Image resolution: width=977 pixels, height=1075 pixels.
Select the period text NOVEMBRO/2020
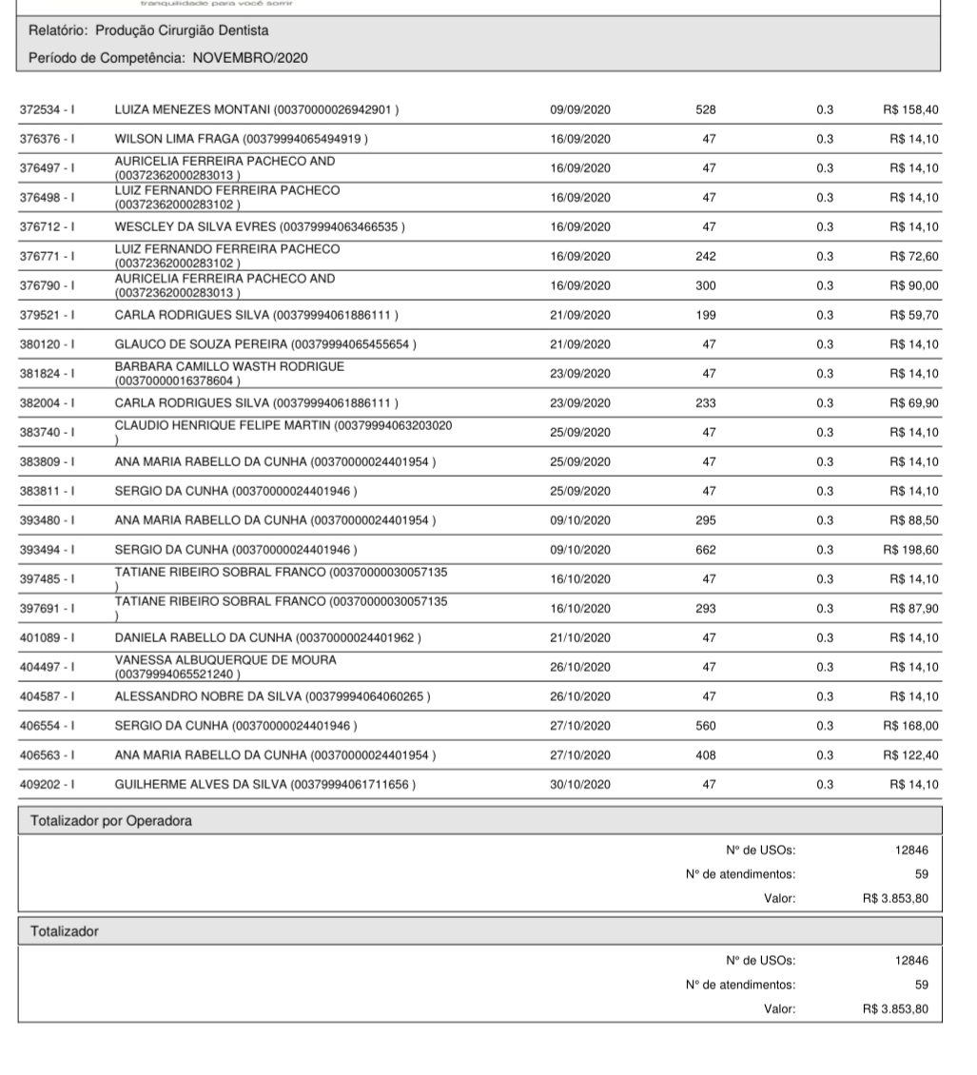click(250, 57)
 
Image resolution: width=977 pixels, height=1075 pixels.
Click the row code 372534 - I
click(49, 109)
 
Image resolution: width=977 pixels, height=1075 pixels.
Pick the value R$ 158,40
click(910, 109)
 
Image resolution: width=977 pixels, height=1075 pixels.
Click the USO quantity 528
click(706, 109)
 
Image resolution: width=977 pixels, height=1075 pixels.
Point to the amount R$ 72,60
click(914, 256)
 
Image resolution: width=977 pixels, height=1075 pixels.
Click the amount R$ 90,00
click(914, 285)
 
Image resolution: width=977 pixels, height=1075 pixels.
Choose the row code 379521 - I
click(49, 315)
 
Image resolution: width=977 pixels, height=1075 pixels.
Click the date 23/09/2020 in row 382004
click(580, 402)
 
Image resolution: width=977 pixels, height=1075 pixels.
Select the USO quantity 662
click(706, 549)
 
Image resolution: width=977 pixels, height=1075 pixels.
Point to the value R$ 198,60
click(910, 549)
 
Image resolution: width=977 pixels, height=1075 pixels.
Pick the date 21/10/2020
click(580, 637)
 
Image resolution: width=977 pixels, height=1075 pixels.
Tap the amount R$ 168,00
click(910, 725)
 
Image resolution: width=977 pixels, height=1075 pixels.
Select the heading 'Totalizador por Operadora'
click(104, 822)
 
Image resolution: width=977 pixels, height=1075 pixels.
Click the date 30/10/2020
click(580, 784)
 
